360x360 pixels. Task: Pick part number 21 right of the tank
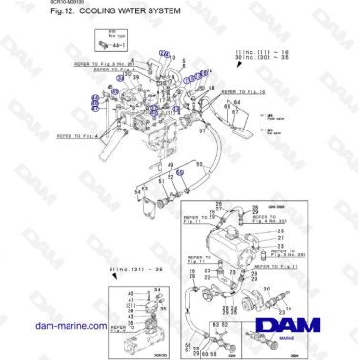click(x=282, y=237)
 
